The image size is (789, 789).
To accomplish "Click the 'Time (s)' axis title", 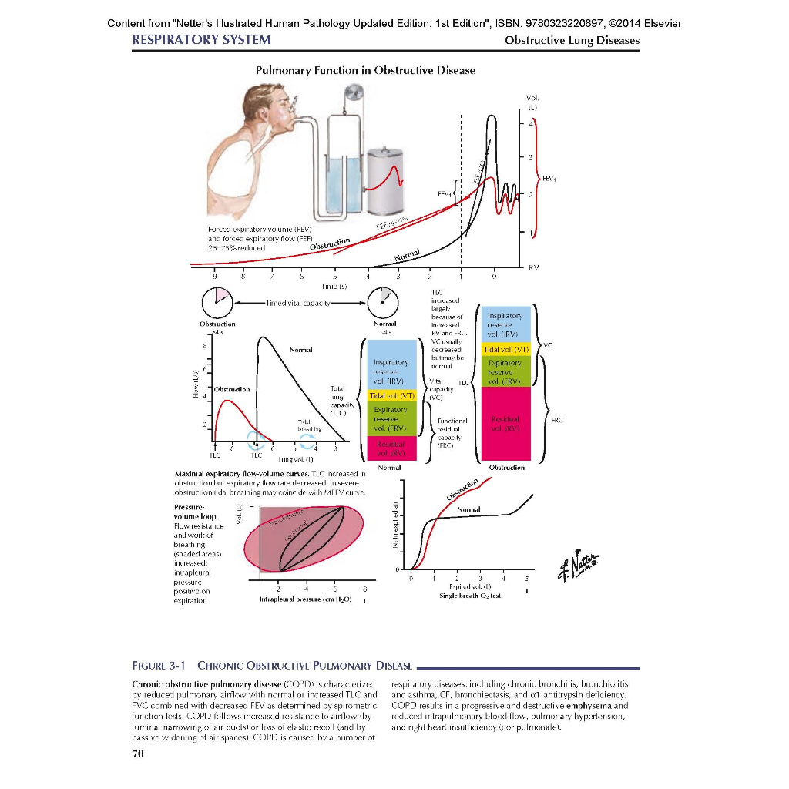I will tap(334, 286).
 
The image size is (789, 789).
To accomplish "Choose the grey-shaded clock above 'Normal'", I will tap(382, 300).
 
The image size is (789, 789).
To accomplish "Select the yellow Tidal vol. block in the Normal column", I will tap(391, 396).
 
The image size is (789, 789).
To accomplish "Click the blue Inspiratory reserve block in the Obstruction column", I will tap(504, 324).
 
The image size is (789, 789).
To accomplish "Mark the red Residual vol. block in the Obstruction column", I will tap(504, 425).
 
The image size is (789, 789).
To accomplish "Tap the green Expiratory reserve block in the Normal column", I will tap(391, 419).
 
